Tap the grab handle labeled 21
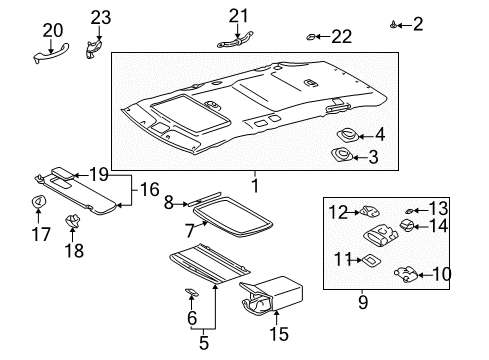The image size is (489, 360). [x=236, y=39]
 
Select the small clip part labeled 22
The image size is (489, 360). [x=312, y=38]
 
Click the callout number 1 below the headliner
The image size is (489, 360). [x=254, y=185]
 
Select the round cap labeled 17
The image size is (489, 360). [x=37, y=204]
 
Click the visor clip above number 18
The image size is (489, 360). [x=72, y=220]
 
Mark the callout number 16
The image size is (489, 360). [x=148, y=189]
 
